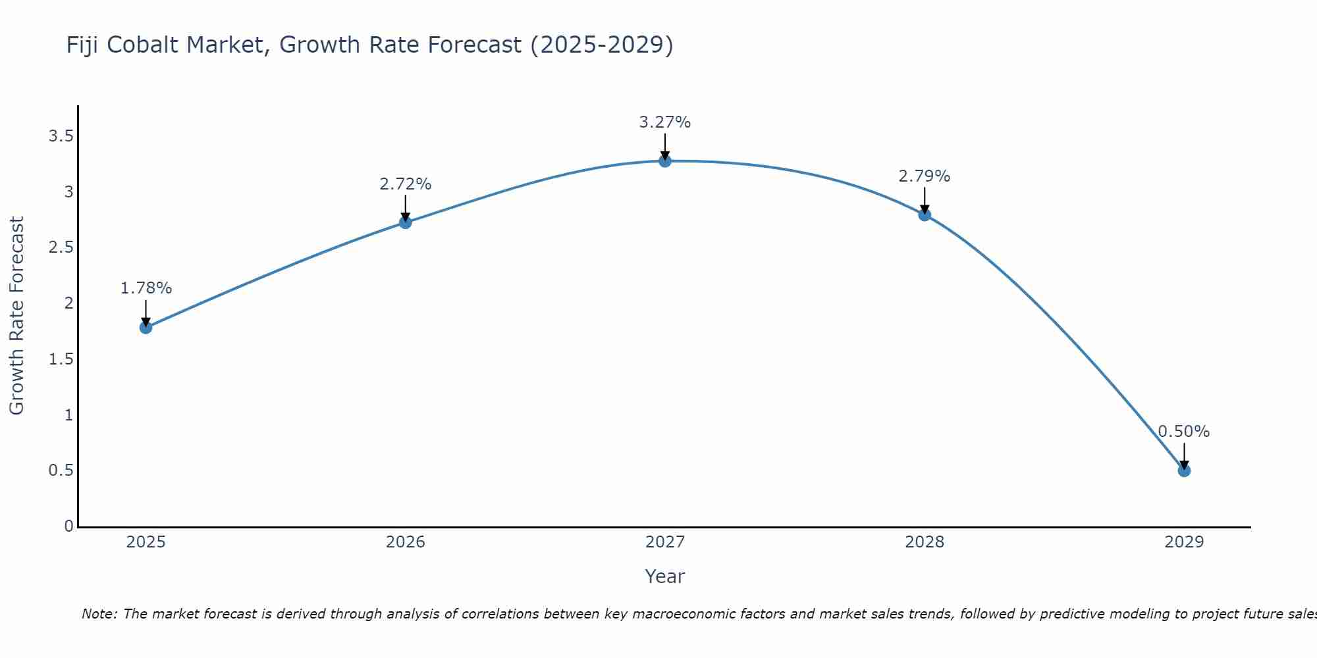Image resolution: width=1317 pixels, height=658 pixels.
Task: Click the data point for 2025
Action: [x=146, y=328]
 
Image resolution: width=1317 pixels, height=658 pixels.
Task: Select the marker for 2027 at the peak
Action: [x=665, y=161]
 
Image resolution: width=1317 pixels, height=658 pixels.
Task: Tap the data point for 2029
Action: [x=1184, y=470]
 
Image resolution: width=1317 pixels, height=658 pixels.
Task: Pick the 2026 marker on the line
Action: [x=406, y=222]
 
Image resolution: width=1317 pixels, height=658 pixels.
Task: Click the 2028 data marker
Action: [x=925, y=215]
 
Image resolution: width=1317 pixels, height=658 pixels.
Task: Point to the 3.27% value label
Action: [x=665, y=122]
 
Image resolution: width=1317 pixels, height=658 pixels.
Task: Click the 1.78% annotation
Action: [x=146, y=288]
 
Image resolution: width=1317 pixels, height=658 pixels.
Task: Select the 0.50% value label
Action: [x=1184, y=432]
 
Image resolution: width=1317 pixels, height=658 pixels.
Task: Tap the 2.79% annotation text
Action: [x=925, y=176]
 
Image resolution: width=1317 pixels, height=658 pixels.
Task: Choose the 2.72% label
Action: [x=406, y=184]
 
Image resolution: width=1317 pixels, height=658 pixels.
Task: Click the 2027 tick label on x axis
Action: [x=665, y=542]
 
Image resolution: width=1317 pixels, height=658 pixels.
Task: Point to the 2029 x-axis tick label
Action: [x=1184, y=542]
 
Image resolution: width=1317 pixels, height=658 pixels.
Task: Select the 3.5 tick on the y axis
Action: [x=61, y=136]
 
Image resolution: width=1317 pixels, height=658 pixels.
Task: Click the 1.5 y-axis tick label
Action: [x=61, y=359]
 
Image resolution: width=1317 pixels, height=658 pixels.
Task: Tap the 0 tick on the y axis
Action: [x=68, y=526]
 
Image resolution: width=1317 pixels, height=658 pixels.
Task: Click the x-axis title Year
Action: [x=665, y=576]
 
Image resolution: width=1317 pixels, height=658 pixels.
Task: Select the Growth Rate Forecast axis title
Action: [x=17, y=316]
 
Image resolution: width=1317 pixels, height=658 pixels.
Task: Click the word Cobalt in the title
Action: [x=143, y=45]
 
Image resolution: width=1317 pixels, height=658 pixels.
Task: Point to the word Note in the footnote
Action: [x=99, y=614]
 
